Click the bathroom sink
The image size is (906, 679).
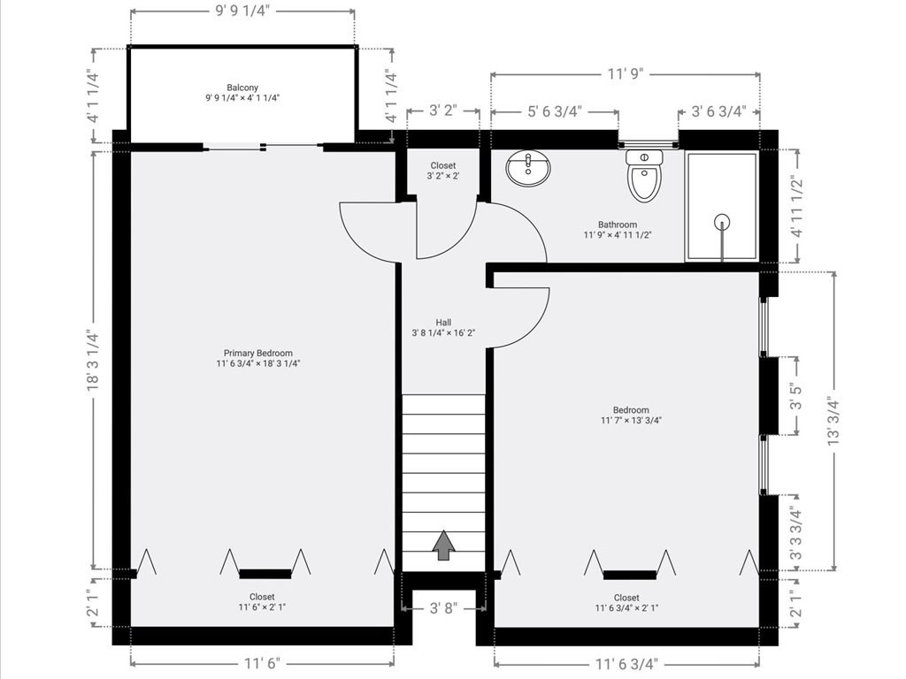pyautogui.click(x=528, y=168)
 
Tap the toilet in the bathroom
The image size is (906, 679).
pyautogui.click(x=644, y=176)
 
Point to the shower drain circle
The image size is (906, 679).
pyautogui.click(x=722, y=221)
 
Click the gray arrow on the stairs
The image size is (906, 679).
pyautogui.click(x=443, y=545)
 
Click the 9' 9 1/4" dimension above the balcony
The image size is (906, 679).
pyautogui.click(x=242, y=11)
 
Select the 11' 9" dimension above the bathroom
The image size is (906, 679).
pyautogui.click(x=626, y=74)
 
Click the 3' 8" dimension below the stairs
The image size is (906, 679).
pyautogui.click(x=443, y=608)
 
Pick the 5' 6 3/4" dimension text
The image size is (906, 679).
pyautogui.click(x=555, y=111)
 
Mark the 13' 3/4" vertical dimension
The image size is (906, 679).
pyautogui.click(x=833, y=420)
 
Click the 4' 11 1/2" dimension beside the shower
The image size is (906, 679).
pyautogui.click(x=798, y=206)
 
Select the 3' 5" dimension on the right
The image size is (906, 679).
pyautogui.click(x=798, y=395)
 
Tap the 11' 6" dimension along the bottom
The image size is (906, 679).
pyautogui.click(x=262, y=663)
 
